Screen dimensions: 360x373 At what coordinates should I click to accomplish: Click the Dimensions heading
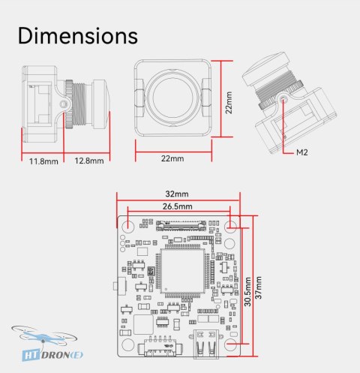(78, 36)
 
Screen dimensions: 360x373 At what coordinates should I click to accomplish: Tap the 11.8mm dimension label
(43, 161)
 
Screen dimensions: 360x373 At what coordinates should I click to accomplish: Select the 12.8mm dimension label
(89, 161)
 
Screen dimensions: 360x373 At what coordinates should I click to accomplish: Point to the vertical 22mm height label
(229, 103)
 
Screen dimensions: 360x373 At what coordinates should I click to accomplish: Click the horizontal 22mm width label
(172, 158)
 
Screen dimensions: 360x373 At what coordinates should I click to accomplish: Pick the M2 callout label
(301, 152)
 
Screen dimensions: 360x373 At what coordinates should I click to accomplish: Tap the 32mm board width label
(177, 194)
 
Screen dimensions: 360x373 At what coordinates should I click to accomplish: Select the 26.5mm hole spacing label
(178, 206)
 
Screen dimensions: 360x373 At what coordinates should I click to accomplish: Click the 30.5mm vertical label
(247, 291)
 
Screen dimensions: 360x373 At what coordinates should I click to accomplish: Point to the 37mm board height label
(258, 287)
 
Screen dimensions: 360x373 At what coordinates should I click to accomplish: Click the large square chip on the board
(182, 271)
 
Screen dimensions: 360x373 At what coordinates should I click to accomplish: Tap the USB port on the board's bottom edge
(206, 344)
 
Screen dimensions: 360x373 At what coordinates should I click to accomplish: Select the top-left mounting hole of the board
(128, 227)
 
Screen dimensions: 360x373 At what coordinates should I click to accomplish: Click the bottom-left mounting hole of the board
(127, 344)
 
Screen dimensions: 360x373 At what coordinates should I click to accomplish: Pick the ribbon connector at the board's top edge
(181, 226)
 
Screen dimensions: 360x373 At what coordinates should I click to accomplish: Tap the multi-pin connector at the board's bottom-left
(160, 347)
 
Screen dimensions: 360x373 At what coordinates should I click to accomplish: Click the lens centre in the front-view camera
(172, 98)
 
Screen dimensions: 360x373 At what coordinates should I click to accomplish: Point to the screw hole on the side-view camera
(64, 103)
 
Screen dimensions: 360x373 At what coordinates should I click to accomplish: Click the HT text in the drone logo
(31, 355)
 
